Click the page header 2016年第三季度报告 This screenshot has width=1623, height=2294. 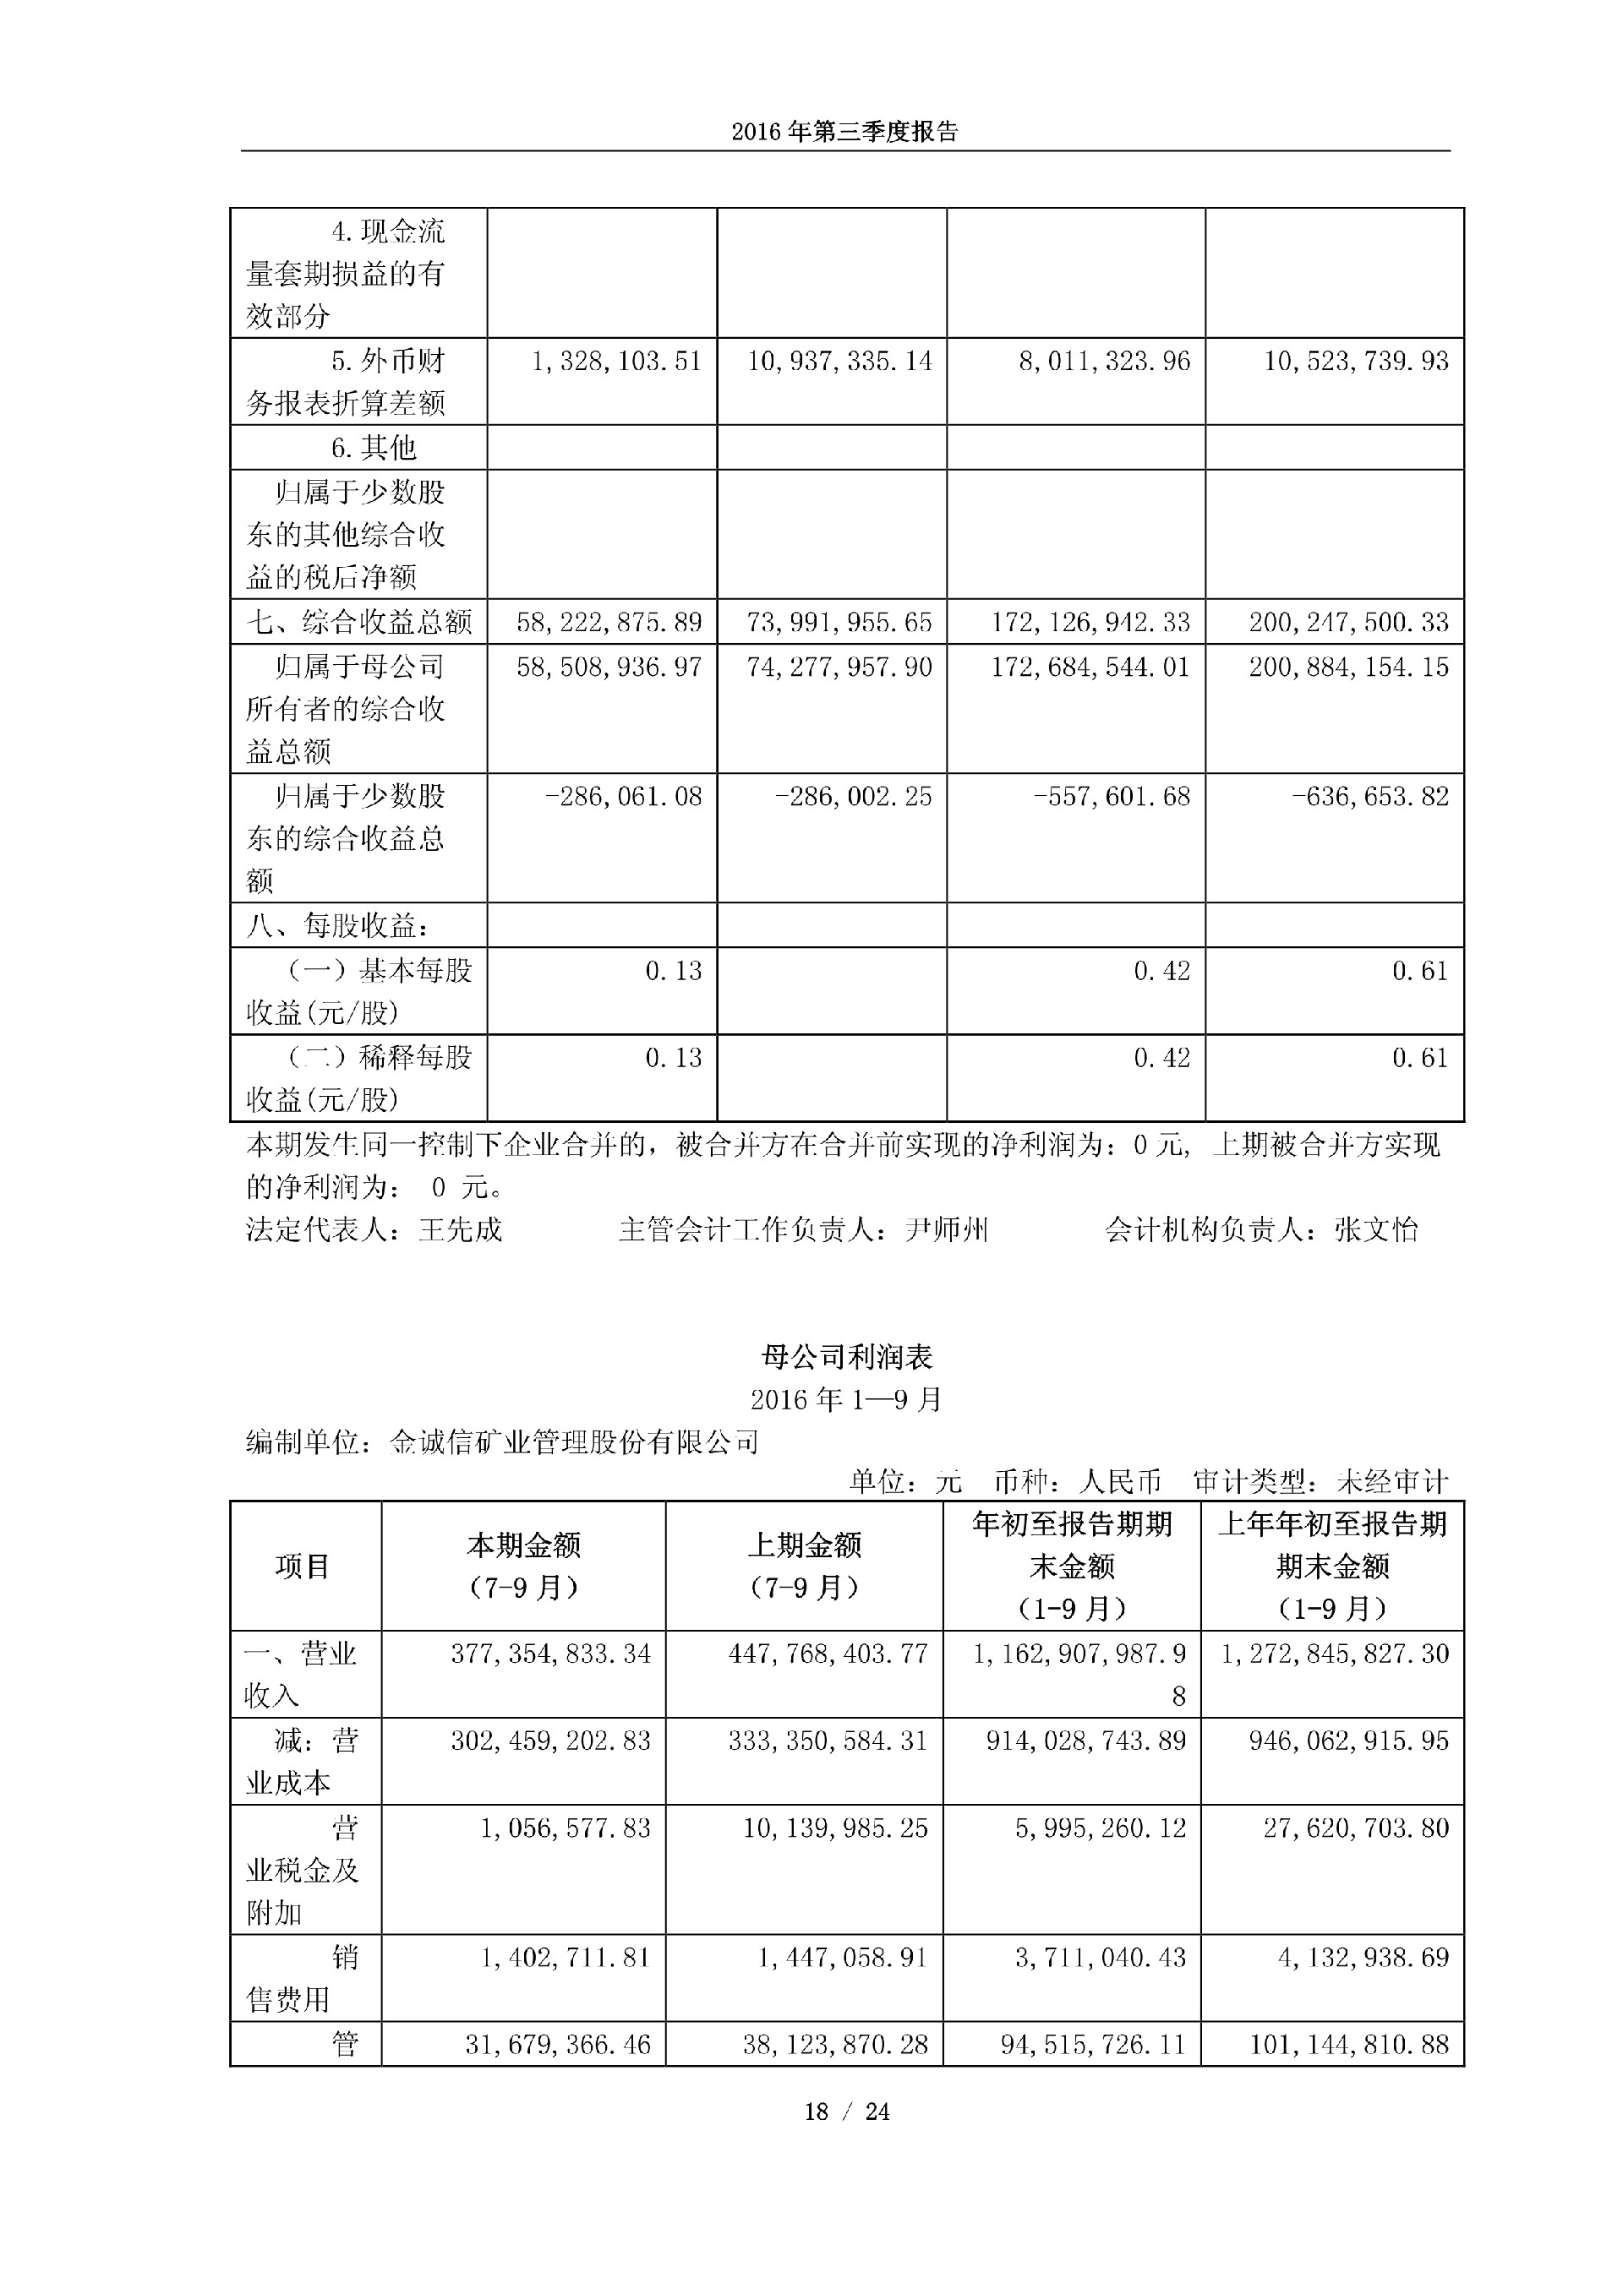pos(844,132)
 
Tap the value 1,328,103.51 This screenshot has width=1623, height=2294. pos(615,361)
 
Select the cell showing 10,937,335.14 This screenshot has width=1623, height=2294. pos(839,361)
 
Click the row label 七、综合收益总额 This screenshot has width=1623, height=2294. pos(358,623)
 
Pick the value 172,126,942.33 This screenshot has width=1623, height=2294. pos(1090,623)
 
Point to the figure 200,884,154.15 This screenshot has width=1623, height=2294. pos(1348,667)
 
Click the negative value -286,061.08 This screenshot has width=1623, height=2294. pos(623,796)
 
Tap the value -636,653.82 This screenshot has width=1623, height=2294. pos(1369,796)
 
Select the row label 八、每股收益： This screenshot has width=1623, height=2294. pos(339,926)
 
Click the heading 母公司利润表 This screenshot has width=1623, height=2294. pos(846,1356)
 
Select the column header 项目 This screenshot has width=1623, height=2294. pos(303,1566)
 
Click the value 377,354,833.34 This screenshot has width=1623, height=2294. pos(550,1654)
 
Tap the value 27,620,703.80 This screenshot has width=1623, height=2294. pos(1355,1828)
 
